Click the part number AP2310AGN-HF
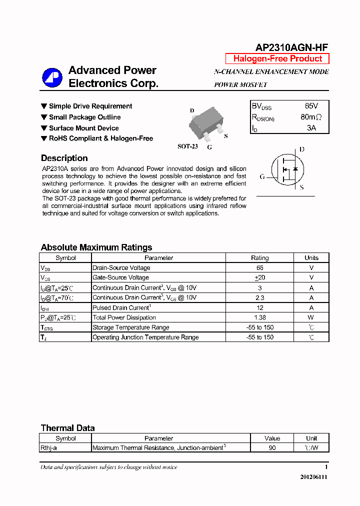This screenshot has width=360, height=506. click(291, 47)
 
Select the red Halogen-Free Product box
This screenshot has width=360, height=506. click(277, 58)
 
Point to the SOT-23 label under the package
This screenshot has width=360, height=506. click(188, 146)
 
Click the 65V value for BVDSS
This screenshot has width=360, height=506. click(311, 106)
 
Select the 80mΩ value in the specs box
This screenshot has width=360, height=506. click(311, 117)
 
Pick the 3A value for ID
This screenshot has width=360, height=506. click(311, 128)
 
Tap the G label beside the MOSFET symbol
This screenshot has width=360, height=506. click(262, 176)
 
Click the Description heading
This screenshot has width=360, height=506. click(64, 158)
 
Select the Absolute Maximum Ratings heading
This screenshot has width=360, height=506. click(96, 247)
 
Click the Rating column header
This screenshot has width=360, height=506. click(259, 258)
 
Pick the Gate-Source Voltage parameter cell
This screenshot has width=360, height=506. click(120, 277)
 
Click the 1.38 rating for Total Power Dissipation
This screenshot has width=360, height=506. click(259, 317)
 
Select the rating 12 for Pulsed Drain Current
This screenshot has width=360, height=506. click(259, 307)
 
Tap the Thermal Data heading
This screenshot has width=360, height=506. click(67, 428)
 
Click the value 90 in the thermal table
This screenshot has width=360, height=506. click(272, 448)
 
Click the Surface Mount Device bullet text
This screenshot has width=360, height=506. click(83, 128)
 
